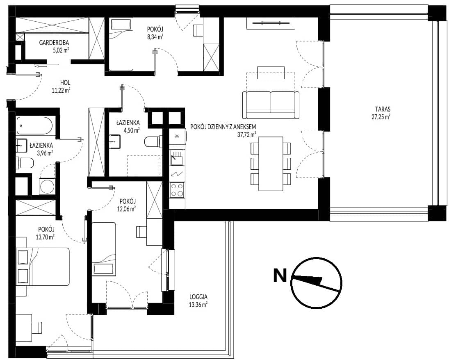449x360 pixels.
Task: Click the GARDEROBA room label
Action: (x=54, y=43)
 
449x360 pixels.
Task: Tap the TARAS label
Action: (x=383, y=109)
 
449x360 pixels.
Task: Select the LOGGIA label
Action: (x=198, y=297)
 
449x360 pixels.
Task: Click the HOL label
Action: (x=65, y=83)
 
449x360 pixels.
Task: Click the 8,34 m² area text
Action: (x=155, y=36)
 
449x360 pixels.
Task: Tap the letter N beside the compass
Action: (x=280, y=275)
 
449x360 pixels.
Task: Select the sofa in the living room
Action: (x=271, y=105)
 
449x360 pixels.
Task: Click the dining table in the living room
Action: (x=271, y=164)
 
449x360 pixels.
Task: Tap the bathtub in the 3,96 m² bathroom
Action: (x=34, y=125)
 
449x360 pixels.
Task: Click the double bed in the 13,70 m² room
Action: (x=43, y=267)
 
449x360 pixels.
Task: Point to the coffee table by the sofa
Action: (x=271, y=73)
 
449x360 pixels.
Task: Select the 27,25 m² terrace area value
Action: (x=383, y=116)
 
